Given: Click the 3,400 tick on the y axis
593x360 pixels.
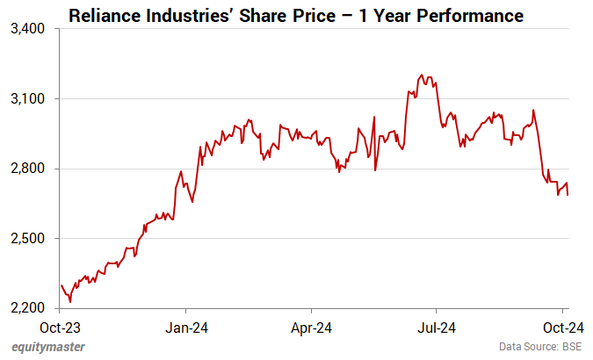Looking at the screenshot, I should click(29, 29).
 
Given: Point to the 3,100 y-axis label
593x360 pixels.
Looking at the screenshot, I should click(29, 99).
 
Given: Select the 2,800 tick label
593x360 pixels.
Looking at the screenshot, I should click(29, 169).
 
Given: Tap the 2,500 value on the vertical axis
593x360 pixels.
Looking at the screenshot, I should click(29, 239).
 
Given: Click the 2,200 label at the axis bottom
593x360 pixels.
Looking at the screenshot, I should click(29, 308).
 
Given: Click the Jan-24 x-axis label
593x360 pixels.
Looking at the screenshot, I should click(186, 327).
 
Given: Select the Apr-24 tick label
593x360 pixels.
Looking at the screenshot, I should click(312, 327).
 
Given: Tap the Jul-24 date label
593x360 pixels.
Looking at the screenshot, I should click(437, 327).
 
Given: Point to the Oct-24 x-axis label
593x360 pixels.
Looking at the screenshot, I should click(562, 327).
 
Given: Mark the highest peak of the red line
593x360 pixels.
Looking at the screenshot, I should click(423, 76).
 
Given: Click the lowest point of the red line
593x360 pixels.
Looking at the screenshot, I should click(70, 301).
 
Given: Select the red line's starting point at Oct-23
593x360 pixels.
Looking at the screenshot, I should click(61, 284).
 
